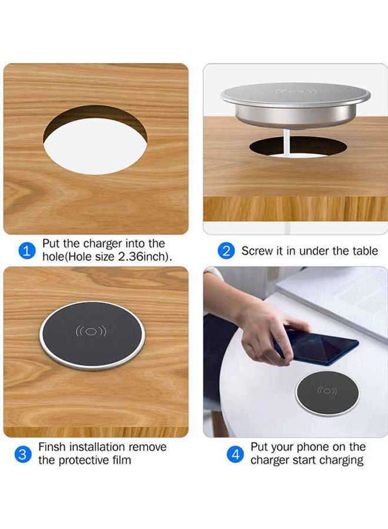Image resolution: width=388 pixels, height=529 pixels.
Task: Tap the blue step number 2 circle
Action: [226, 251]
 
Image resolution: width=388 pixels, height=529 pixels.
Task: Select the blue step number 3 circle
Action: [22, 454]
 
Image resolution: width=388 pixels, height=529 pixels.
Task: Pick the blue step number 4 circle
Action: [235, 454]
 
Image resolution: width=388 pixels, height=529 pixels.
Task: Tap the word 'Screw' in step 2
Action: [256, 251]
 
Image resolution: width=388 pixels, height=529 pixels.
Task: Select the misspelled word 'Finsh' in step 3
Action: [52, 447]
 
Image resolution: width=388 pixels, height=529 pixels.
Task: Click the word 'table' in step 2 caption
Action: [365, 251]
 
